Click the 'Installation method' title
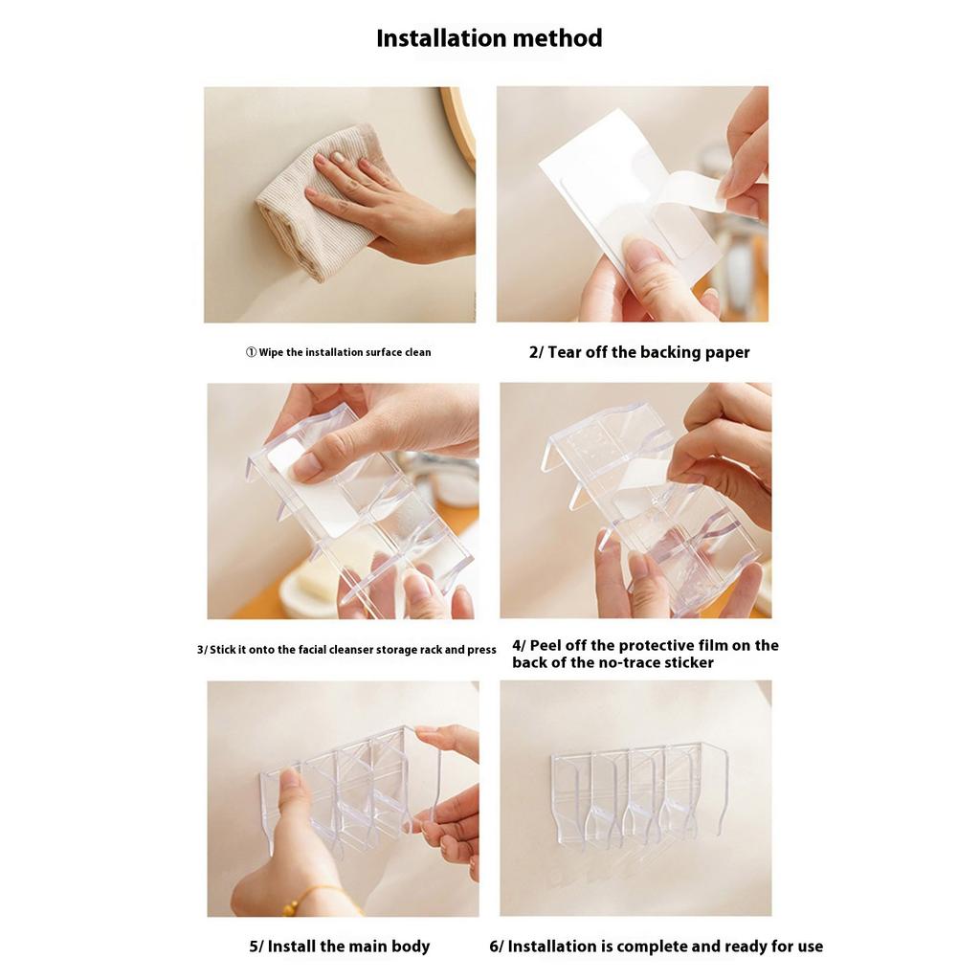[489, 38]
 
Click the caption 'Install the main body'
[340, 947]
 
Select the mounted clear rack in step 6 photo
[636, 794]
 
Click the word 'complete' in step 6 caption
[651, 947]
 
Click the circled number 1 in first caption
[251, 352]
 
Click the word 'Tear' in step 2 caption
[565, 352]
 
